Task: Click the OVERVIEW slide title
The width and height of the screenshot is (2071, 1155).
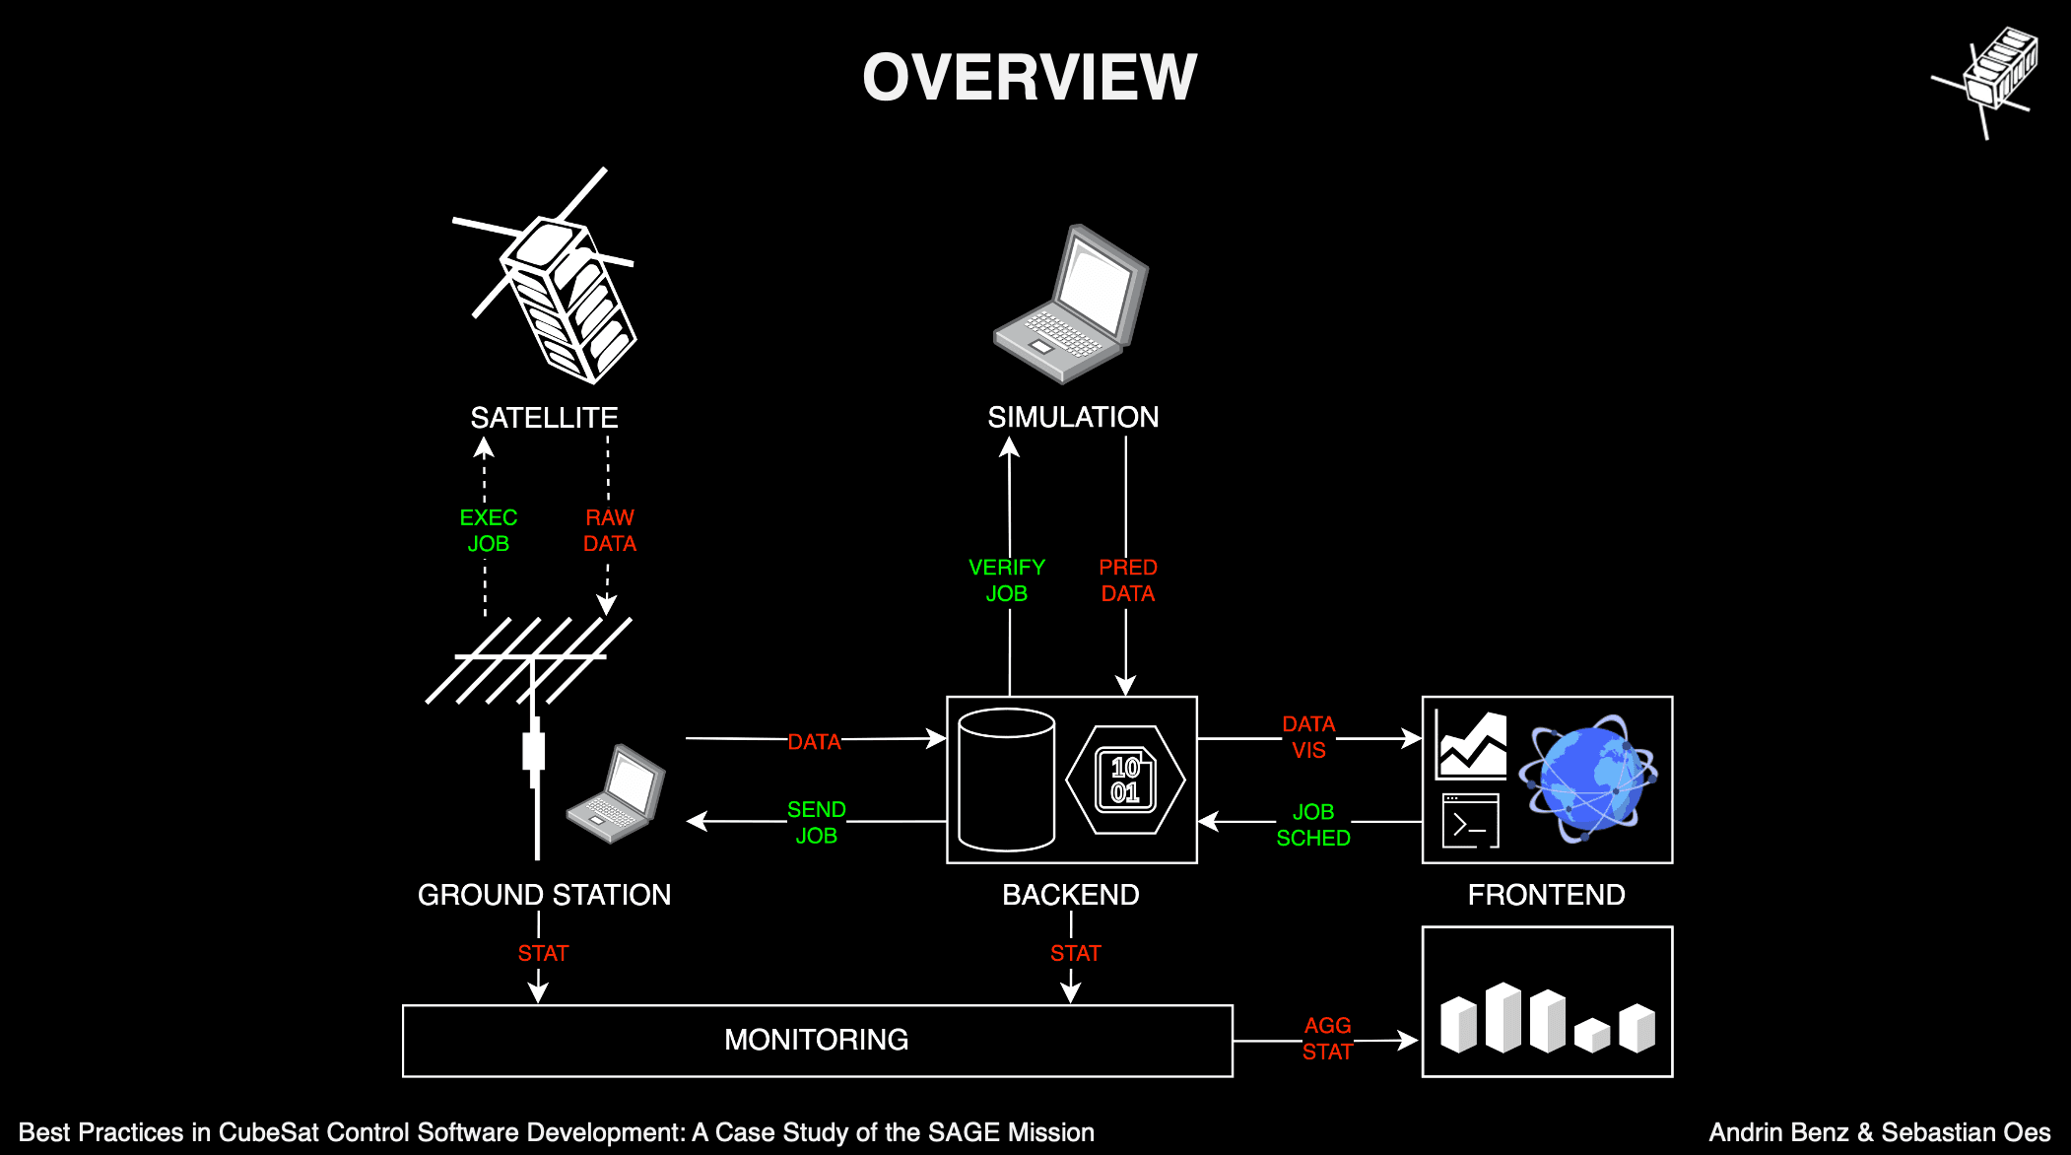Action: coord(1030,77)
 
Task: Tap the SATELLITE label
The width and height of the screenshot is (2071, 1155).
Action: coord(544,418)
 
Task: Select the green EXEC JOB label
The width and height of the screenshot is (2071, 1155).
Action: coord(488,530)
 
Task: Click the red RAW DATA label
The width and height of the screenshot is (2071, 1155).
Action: coord(610,530)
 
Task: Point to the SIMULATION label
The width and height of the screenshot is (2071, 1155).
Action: coord(1073,417)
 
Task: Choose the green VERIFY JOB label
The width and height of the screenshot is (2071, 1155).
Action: coord(1007,580)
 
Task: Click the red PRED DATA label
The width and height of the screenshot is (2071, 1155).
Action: coord(1128,580)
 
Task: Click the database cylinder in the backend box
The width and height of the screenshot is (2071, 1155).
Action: coord(1006,780)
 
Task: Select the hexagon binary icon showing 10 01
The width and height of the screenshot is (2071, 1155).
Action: coord(1125,780)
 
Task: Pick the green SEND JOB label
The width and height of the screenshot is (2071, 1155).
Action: coord(817,822)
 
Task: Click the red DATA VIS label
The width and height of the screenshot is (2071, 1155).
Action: coord(1308,737)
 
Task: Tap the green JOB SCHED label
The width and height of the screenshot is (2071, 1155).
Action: coord(1313,825)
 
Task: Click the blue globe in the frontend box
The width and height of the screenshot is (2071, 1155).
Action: coord(1587,779)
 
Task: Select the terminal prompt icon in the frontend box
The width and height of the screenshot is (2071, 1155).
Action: coord(1470,821)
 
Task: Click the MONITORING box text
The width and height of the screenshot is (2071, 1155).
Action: coord(816,1040)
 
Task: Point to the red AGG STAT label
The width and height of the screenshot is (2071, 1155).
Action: coord(1327,1039)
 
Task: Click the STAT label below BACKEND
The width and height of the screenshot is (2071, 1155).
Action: coord(1075,953)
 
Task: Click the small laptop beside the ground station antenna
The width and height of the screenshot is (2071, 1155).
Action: coord(616,794)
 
